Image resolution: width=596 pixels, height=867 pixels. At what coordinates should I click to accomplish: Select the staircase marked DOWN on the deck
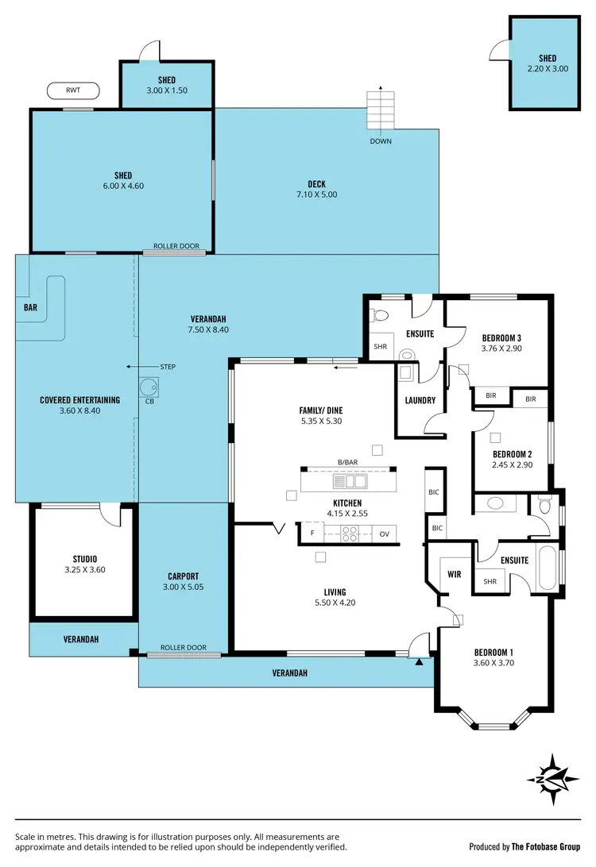tap(380, 112)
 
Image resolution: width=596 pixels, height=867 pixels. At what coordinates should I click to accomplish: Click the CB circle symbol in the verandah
tap(148, 387)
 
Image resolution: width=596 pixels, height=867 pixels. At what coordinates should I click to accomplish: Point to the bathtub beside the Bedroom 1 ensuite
tap(548, 571)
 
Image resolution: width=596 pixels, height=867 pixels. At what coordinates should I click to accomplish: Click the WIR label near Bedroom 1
tap(455, 572)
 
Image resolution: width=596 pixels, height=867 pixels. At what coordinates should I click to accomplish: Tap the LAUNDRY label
tap(420, 400)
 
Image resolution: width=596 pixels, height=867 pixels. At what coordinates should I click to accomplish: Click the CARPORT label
tap(183, 576)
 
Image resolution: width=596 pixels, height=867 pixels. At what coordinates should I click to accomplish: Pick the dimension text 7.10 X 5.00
tap(317, 195)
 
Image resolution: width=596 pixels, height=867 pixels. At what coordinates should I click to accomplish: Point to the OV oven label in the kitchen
tap(385, 534)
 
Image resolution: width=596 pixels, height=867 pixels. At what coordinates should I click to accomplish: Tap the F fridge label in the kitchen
tap(312, 534)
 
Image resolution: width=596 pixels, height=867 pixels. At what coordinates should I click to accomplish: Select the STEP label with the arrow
tap(167, 367)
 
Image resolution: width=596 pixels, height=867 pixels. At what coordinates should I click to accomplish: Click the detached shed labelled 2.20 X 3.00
tap(547, 64)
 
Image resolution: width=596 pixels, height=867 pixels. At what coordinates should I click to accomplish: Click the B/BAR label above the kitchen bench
tap(347, 462)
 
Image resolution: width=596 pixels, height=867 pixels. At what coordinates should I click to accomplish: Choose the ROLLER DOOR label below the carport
tap(184, 648)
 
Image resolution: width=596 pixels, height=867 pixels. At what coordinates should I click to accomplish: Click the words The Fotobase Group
tap(548, 846)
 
